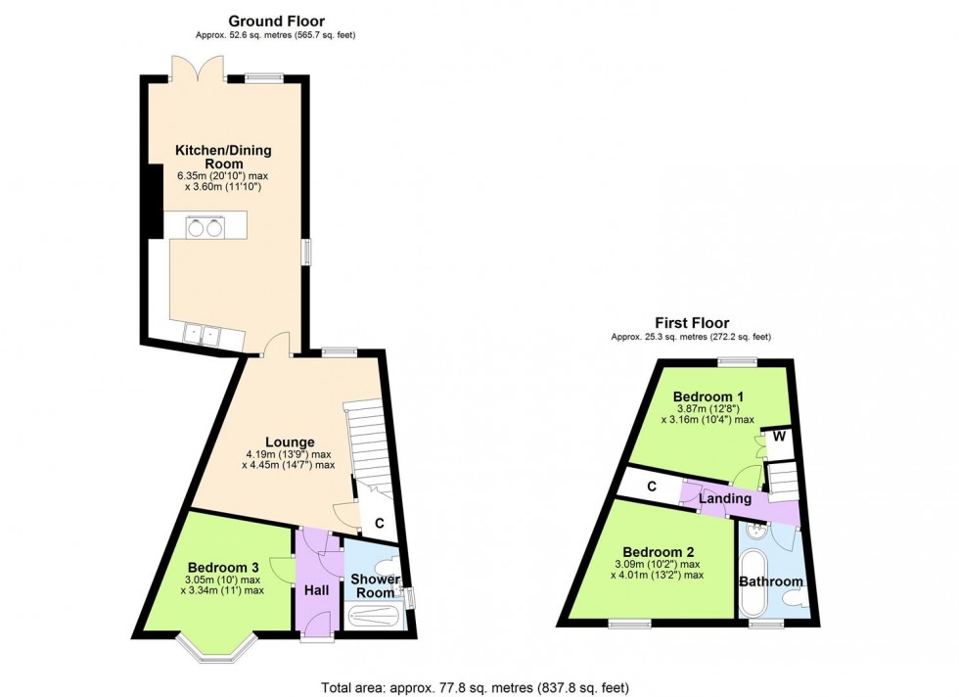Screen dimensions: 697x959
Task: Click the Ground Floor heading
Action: click(x=276, y=21)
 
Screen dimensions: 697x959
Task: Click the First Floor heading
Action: click(x=692, y=323)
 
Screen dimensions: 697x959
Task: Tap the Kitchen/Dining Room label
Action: click(x=223, y=157)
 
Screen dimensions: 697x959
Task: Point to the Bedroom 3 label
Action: click(x=224, y=567)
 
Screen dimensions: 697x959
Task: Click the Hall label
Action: click(x=317, y=590)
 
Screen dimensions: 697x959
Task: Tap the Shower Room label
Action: click(x=375, y=585)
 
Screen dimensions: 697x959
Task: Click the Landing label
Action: click(x=725, y=499)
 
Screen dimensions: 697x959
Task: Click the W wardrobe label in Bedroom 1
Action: click(x=780, y=437)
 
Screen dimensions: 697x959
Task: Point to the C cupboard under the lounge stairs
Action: click(x=379, y=523)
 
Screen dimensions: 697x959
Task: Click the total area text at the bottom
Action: click(x=482, y=686)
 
